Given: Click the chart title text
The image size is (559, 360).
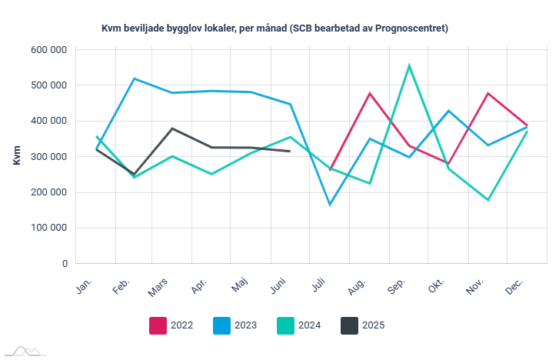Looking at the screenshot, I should [275, 28].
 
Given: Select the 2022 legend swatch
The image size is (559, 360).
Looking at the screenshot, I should [158, 325].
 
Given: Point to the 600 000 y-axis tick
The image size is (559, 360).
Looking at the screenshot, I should [49, 50].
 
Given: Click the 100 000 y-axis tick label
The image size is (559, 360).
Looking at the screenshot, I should [49, 228].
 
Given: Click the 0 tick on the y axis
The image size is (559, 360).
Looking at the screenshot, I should [64, 263].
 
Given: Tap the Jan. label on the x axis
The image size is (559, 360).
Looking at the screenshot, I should [85, 286].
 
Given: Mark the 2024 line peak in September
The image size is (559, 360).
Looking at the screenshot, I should [409, 65].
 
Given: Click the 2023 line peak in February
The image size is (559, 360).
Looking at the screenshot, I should [135, 78].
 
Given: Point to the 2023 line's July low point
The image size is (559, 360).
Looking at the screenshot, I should [331, 205].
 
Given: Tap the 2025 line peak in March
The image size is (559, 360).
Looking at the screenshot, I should [173, 128].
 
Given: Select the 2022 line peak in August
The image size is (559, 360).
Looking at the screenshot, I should [370, 93].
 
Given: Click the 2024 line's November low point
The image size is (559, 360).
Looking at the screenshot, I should [487, 200].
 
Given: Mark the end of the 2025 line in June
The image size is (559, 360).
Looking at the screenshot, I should [290, 152].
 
